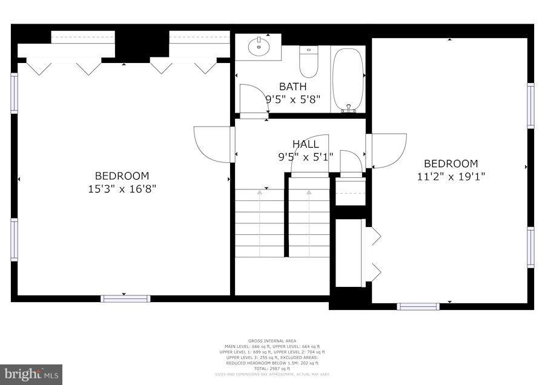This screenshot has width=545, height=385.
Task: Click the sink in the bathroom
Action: (x=259, y=46)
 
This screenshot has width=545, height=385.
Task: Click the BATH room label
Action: (x=292, y=87)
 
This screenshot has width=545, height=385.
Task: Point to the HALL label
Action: (x=306, y=144)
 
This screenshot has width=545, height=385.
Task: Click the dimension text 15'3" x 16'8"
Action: (x=122, y=189)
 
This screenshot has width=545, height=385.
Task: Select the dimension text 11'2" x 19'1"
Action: (x=451, y=177)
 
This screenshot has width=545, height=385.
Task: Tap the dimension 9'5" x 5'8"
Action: (x=292, y=99)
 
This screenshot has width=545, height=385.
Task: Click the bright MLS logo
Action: (x=31, y=374)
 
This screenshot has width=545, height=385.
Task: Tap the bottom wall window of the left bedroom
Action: (x=125, y=298)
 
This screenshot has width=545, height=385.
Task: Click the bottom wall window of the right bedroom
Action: (x=418, y=306)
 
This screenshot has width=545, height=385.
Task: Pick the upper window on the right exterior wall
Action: (x=530, y=106)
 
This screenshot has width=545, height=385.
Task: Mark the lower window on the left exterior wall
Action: (x=14, y=239)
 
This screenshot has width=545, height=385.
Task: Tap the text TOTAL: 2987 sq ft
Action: (x=272, y=368)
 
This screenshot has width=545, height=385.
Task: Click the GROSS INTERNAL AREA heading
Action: (x=272, y=341)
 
